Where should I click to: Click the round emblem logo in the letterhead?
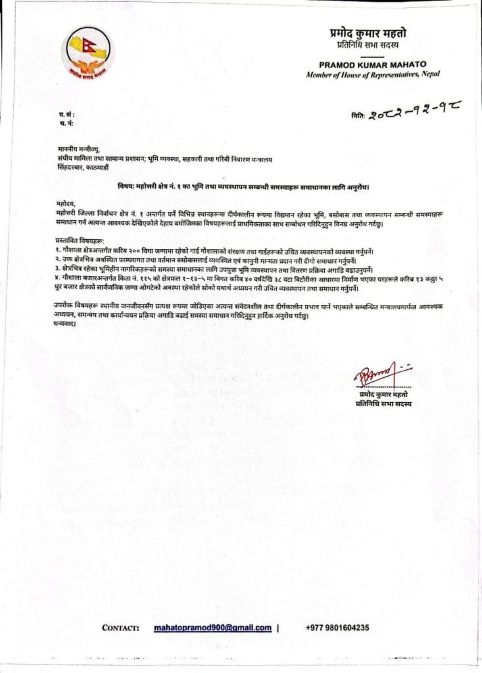click(87, 54)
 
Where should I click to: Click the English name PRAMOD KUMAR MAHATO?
click(373, 65)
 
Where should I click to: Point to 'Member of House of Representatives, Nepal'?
click(373, 75)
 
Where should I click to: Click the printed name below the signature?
click(382, 394)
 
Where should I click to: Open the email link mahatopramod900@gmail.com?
click(212, 628)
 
